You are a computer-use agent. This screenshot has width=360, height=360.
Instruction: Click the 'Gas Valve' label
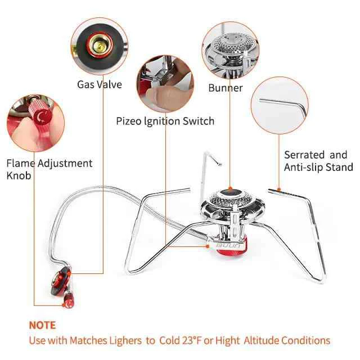(100, 84)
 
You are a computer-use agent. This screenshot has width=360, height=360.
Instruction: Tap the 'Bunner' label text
(226, 88)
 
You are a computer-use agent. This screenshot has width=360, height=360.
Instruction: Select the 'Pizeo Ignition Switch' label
(165, 121)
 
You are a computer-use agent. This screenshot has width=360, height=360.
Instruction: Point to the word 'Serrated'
(304, 155)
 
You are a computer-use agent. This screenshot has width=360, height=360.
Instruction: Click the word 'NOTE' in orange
(43, 325)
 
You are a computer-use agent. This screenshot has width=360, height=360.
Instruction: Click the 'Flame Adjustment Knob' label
(49, 169)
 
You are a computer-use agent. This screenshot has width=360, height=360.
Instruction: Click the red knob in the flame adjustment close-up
(40, 113)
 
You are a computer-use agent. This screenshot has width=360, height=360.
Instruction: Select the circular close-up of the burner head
(230, 51)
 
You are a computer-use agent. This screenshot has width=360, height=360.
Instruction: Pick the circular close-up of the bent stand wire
(280, 105)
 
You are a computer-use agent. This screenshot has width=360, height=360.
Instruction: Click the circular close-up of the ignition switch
(165, 84)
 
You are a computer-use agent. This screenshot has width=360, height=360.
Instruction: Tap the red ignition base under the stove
(231, 250)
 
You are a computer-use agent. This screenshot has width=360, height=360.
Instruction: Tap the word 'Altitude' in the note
(261, 340)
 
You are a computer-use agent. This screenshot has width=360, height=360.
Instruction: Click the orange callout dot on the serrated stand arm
(279, 190)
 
